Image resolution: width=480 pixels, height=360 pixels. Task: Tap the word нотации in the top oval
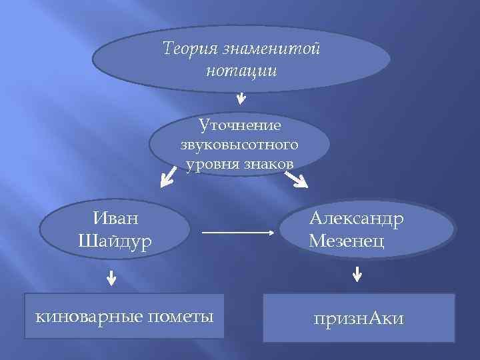(x=241, y=70)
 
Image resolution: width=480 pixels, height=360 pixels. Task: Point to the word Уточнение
(x=239, y=125)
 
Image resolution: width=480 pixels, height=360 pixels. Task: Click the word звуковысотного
(x=239, y=144)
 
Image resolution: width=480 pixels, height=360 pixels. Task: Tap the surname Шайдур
(x=115, y=239)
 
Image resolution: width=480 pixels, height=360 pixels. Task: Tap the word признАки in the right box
(x=359, y=319)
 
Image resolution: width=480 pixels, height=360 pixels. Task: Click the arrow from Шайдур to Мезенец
(x=238, y=233)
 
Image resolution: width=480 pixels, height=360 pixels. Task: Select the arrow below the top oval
(x=241, y=98)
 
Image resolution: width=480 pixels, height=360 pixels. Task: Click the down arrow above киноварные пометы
(x=111, y=277)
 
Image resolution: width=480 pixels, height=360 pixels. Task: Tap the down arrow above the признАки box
(x=357, y=273)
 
